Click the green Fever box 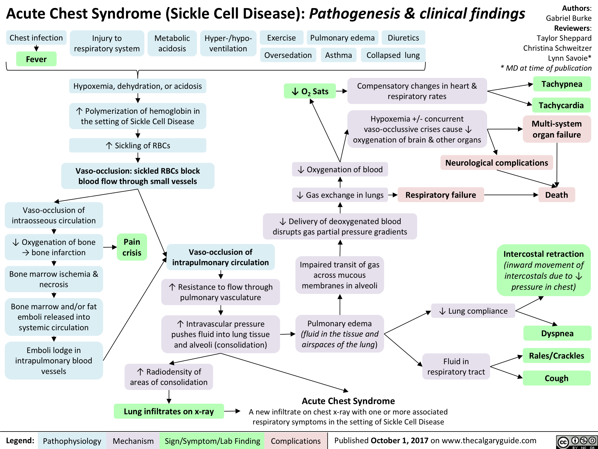tap(36, 59)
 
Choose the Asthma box tap(338, 55)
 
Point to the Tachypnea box tap(562, 84)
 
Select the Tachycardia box tap(561, 105)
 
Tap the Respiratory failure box tap(441, 195)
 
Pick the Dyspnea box tap(557, 333)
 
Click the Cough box tap(556, 378)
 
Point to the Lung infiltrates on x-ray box tap(169, 411)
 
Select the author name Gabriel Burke tap(568, 18)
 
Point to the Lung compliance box tap(473, 311)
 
